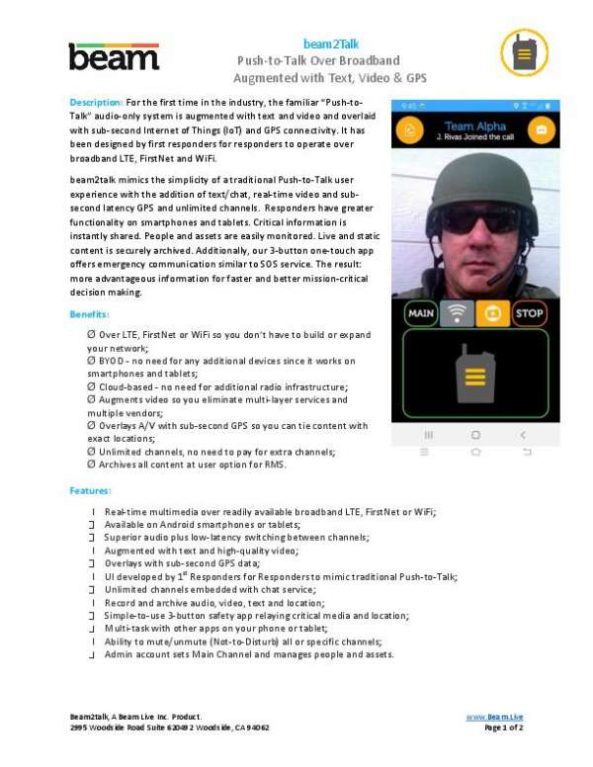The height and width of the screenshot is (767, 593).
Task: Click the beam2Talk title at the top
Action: point(331,43)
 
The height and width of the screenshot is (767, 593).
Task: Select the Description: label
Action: point(96,103)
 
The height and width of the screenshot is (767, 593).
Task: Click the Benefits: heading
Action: point(88,313)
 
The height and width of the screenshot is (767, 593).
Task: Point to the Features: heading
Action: point(90,490)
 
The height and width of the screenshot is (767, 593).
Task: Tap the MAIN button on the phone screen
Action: point(421,313)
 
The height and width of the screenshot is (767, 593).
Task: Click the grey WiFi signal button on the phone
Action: point(456,313)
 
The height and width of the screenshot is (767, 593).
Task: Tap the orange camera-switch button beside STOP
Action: point(491,313)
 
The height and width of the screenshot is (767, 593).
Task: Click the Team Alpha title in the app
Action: point(474,126)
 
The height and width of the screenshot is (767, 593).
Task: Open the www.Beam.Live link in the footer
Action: point(494,715)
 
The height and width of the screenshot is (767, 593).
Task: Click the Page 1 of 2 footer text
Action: point(503,726)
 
